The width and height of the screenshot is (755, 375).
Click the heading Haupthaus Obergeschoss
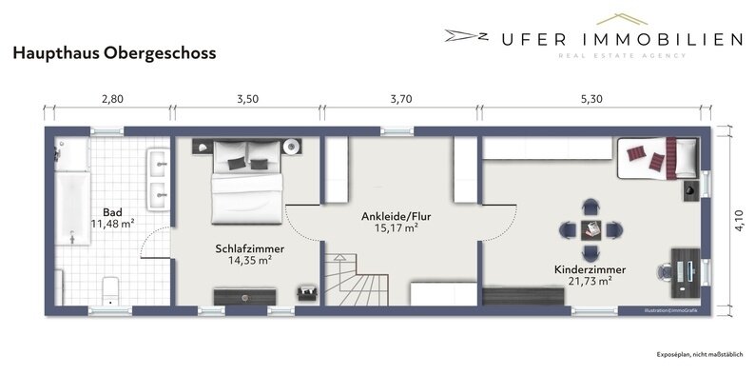click(114, 54)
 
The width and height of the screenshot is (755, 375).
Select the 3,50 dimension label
click(246, 97)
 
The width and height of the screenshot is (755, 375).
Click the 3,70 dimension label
click(400, 97)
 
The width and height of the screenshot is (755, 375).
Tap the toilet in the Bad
click(109, 288)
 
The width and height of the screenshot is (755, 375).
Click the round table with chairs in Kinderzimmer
click(590, 229)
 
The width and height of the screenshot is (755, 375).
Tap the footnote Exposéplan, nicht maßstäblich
click(700, 354)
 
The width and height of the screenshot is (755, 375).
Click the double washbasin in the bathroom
click(158, 178)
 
